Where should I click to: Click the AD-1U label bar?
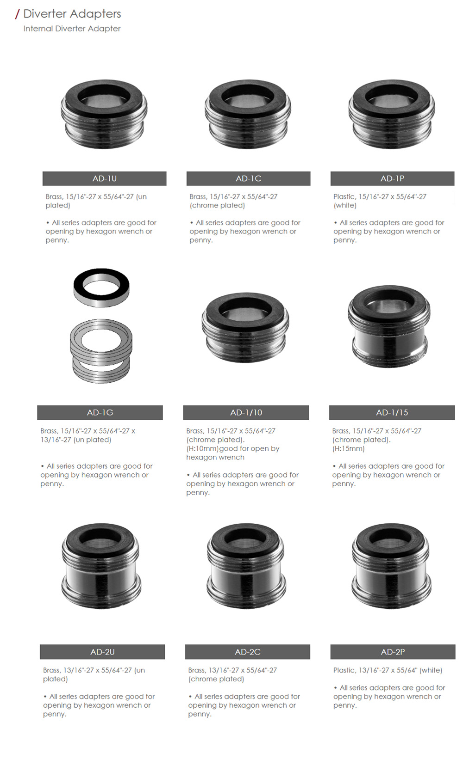(104, 178)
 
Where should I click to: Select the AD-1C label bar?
(248, 178)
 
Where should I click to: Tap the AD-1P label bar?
(392, 178)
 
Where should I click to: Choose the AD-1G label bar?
(100, 412)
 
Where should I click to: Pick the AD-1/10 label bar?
(246, 412)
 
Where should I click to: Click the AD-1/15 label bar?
(392, 412)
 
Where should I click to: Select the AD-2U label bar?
(102, 652)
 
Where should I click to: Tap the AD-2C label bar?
(248, 652)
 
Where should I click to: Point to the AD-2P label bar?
(393, 652)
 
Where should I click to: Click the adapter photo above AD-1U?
(104, 115)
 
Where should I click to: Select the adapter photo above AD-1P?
(392, 115)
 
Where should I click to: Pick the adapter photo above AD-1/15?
(389, 326)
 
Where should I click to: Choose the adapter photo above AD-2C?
(246, 566)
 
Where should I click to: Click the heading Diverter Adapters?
(72, 14)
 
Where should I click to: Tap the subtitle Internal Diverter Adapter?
(72, 29)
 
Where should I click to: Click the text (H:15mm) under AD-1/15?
(348, 448)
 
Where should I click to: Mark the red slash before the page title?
(17, 14)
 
